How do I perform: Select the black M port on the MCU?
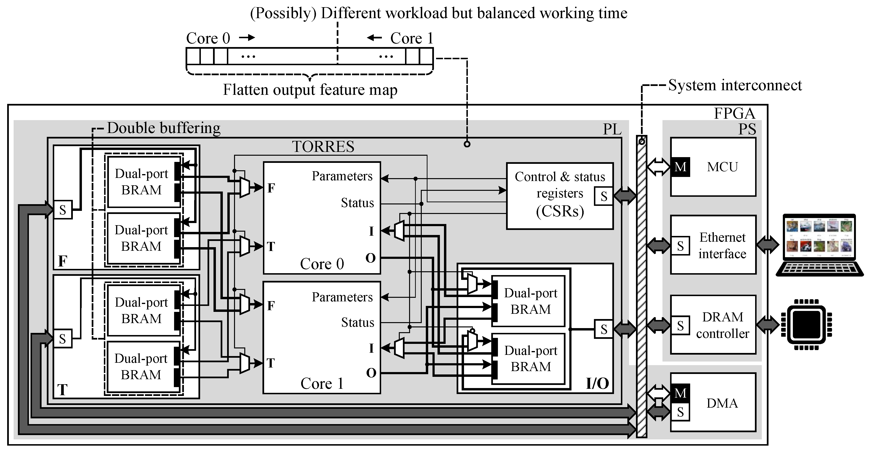click(x=680, y=167)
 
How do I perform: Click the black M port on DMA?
click(x=680, y=393)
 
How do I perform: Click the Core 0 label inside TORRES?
click(x=322, y=264)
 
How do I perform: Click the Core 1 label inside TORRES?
click(x=322, y=384)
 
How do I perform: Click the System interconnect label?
click(x=735, y=85)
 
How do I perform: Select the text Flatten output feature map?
click(x=310, y=90)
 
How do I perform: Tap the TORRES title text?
click(x=323, y=147)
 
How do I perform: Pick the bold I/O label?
click(x=597, y=384)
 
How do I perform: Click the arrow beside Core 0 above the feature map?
click(x=247, y=37)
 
